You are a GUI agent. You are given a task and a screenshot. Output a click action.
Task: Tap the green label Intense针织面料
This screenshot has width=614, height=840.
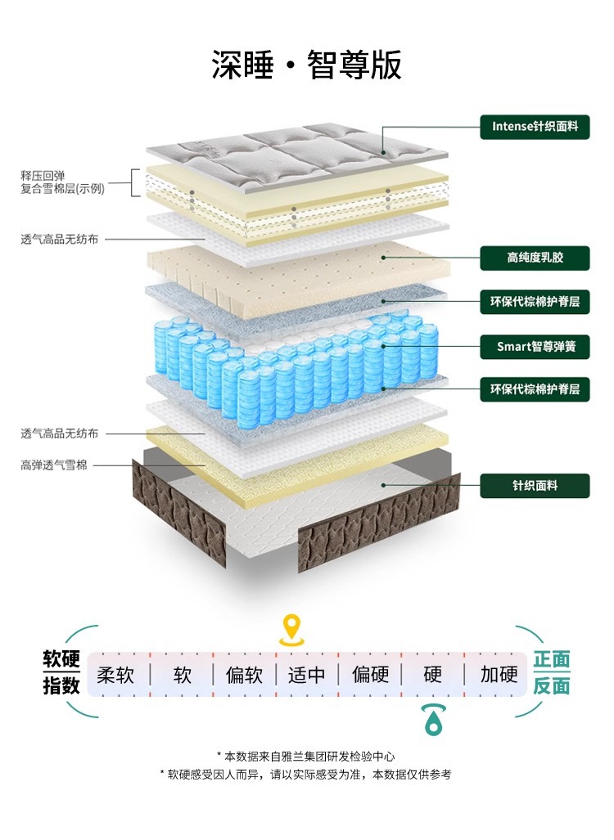[535, 127]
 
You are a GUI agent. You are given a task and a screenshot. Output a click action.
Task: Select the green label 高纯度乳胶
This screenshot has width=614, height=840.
[535, 258]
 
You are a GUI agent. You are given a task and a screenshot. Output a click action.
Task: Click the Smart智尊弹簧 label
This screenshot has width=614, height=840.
[535, 346]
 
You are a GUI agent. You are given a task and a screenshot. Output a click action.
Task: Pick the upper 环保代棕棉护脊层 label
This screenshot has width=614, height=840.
[535, 302]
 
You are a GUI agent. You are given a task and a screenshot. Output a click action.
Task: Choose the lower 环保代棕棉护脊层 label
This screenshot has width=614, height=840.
[535, 389]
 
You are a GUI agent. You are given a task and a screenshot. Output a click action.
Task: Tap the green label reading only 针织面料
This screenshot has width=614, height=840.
[535, 485]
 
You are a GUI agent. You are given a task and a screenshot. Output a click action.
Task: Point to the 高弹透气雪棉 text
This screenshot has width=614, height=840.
[54, 465]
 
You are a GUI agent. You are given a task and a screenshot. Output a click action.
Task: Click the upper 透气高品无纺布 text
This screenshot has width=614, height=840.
[60, 240]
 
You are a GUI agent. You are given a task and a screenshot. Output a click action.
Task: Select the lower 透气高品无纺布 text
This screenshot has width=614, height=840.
[60, 433]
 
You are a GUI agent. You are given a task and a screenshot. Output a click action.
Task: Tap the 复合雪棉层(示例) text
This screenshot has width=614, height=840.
[63, 189]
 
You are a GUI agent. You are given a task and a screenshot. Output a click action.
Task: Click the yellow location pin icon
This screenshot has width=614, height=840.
[291, 629]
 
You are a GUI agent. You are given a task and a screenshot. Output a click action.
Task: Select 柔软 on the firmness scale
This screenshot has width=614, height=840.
[115, 675]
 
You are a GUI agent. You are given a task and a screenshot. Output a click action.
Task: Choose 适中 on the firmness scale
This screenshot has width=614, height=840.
[307, 675]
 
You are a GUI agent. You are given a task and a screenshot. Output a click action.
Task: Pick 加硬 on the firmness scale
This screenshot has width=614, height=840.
[499, 675]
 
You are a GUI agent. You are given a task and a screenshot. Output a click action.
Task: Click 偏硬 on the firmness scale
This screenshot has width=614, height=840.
[370, 675]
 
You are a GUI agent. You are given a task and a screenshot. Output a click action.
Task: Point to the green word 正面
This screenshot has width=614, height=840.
[552, 660]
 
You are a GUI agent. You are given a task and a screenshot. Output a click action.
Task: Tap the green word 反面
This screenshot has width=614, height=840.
[552, 686]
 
